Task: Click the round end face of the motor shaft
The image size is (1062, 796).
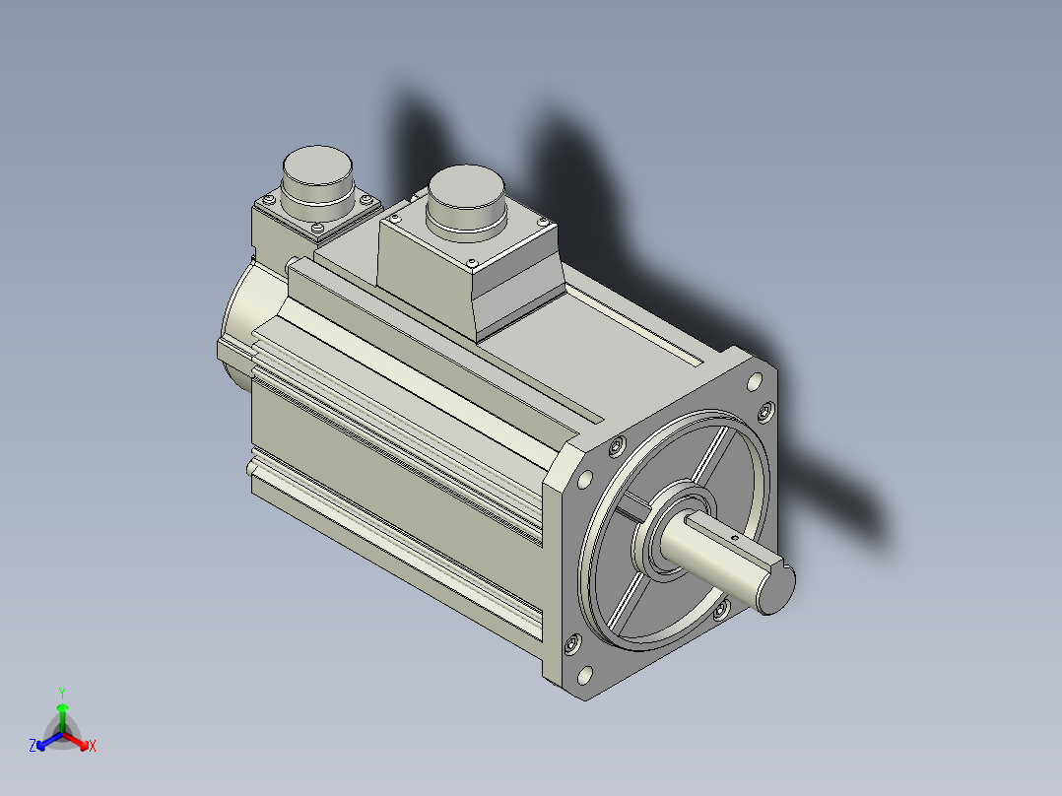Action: coord(775,589)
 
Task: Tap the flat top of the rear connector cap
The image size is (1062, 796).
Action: coord(317,164)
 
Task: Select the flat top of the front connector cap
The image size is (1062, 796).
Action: coord(467,185)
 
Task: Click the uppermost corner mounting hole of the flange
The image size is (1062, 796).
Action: coord(754,382)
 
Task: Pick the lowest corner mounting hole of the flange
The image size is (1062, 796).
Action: coord(584,676)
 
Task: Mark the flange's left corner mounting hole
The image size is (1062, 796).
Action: coord(584,480)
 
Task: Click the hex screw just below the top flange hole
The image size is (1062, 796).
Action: coord(766,411)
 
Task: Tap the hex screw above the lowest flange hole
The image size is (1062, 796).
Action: coord(572,643)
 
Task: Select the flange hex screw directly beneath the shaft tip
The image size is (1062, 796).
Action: coord(721,611)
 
